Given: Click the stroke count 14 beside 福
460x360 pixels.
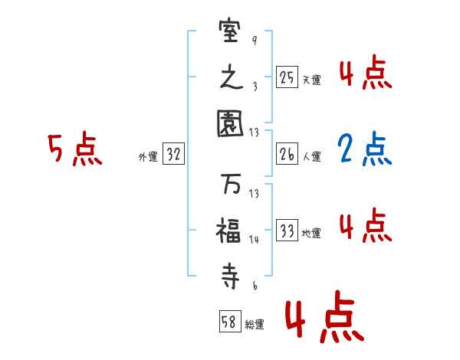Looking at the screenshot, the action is [254, 240].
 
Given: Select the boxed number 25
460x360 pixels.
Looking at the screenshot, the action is [287, 77].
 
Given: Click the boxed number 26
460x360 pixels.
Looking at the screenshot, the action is [287, 154].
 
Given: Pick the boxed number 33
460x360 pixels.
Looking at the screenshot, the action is [287, 231].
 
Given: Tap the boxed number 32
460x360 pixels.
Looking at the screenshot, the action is [173, 154].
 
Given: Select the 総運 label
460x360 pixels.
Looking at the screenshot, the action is [255, 324].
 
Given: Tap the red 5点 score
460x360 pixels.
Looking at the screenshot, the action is [74, 149].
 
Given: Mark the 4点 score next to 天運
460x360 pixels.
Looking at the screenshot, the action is [365, 74].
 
